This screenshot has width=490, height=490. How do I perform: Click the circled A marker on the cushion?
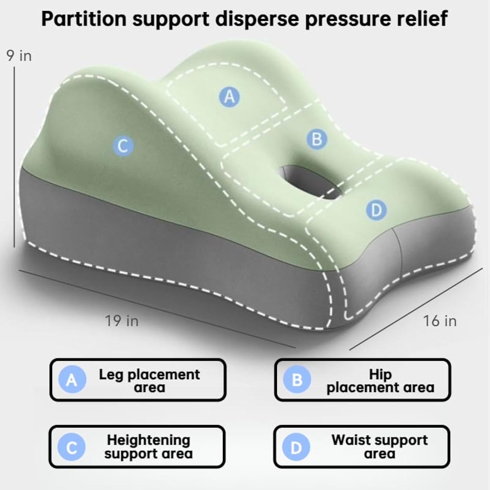point(229,97)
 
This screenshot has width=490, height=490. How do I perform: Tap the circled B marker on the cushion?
point(317,139)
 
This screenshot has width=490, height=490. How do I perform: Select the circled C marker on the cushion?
point(123,145)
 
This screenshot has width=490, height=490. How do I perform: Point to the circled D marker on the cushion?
point(376,210)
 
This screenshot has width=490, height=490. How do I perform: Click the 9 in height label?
point(19,56)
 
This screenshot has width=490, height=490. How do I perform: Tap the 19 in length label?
point(122,321)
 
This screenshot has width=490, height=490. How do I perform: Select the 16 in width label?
point(440,321)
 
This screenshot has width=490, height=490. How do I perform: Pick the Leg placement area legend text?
point(149,381)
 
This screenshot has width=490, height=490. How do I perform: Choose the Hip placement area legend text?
point(380,381)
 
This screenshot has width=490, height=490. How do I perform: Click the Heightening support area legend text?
point(148,447)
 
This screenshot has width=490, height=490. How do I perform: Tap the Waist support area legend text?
point(380,447)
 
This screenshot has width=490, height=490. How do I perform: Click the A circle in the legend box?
point(72,380)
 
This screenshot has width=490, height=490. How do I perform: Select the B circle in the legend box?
point(297,380)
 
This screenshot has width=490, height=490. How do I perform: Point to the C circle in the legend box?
point(71,447)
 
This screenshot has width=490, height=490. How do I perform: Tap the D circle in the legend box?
point(296,447)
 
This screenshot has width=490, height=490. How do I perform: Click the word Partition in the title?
point(84,19)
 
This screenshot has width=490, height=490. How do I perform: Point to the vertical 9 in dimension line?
point(14,157)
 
